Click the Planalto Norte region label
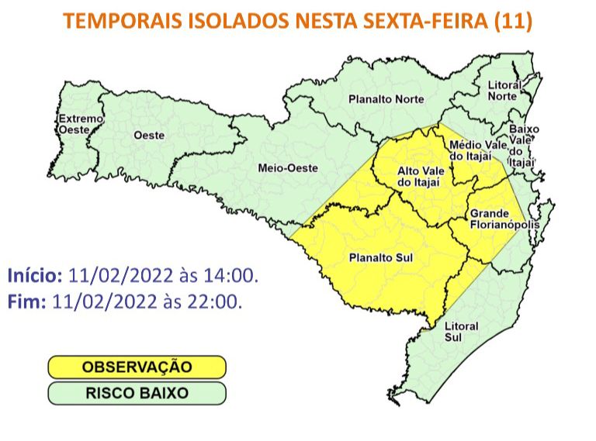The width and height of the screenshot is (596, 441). [386, 99]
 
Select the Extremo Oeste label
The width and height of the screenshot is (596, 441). [80, 125]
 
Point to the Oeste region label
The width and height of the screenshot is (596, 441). [149, 135]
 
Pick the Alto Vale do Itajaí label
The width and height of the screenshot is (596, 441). [419, 176]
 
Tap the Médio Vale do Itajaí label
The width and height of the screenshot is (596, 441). [471, 150]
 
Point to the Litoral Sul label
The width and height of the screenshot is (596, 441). [461, 332]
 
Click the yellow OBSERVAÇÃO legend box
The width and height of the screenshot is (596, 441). [136, 367]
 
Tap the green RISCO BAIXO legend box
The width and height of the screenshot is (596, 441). [136, 393]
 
